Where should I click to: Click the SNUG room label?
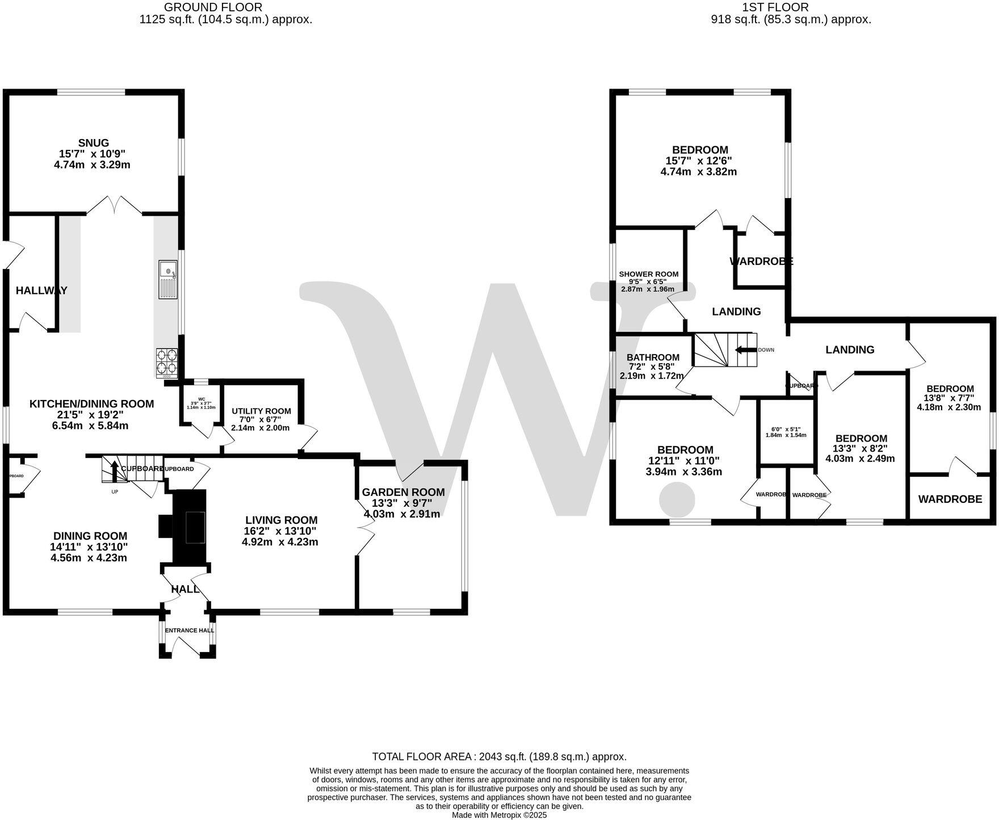(x=94, y=143)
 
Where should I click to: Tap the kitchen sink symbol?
(x=168, y=280)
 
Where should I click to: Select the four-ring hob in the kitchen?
(x=167, y=362)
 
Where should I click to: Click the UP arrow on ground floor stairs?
(x=114, y=471)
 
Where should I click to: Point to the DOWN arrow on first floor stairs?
(x=746, y=350)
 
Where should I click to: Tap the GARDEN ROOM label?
(x=403, y=492)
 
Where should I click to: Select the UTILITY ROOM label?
(x=261, y=411)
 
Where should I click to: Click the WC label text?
(x=202, y=399)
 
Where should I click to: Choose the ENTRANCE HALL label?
(x=189, y=630)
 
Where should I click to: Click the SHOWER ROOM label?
(x=648, y=274)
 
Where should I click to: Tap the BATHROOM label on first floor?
(x=653, y=358)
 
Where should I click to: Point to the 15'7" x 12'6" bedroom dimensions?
(x=699, y=161)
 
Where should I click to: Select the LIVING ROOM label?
(x=281, y=520)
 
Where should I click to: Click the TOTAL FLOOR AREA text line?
(x=499, y=756)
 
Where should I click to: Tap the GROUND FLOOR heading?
(x=213, y=7)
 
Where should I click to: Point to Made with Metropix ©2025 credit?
(x=499, y=815)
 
